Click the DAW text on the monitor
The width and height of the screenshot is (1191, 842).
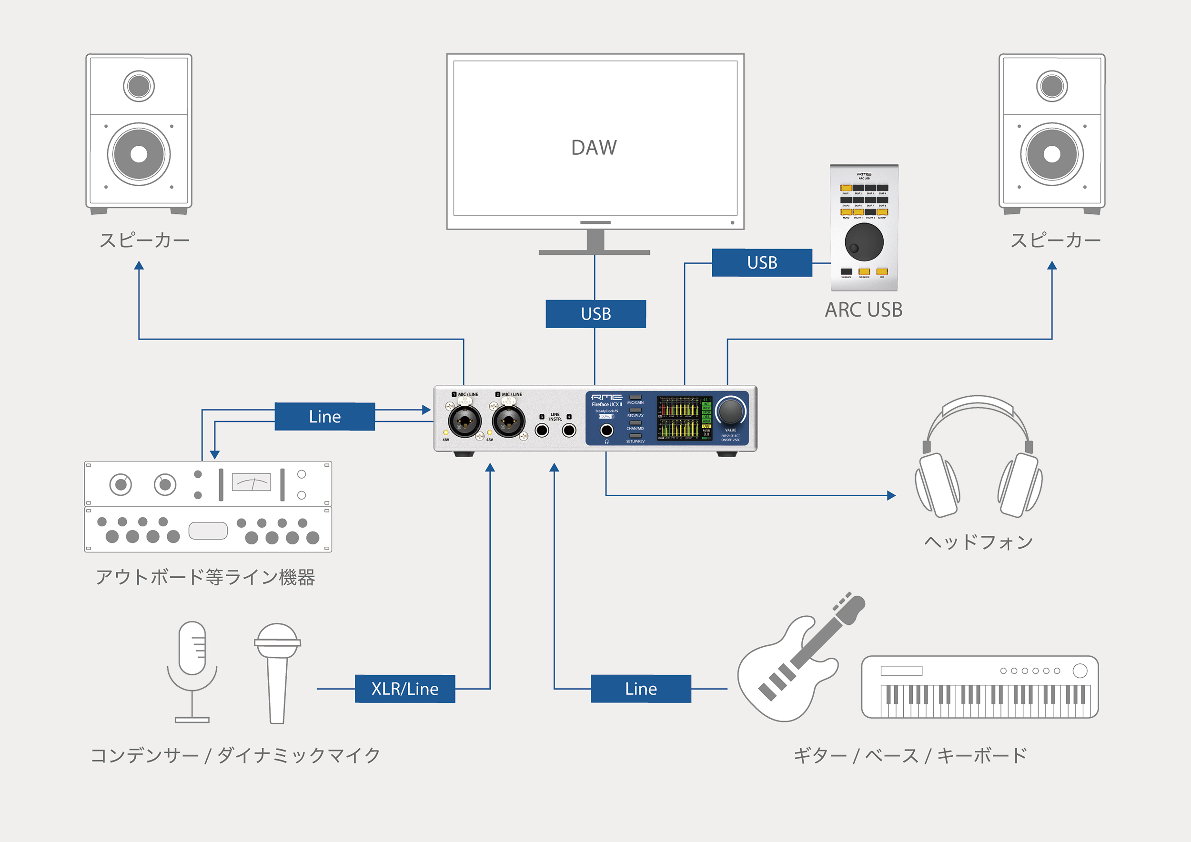pos(594,148)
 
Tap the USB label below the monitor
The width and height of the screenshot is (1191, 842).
pos(595,314)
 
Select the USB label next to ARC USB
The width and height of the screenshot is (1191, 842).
pos(761,262)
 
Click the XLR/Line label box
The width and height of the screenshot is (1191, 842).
pos(404,689)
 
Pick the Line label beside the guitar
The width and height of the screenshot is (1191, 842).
pos(641,689)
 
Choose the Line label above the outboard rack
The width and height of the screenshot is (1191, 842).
pos(325,416)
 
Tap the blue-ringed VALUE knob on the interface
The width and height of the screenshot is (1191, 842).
pos(730,411)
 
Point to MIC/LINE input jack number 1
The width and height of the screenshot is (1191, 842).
pos(464,421)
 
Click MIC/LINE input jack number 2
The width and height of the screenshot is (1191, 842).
pos(508,421)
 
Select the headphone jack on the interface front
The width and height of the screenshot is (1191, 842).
pos(606,430)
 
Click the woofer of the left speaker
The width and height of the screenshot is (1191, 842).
pos(139,154)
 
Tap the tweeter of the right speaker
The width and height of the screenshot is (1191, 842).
pos(1051,86)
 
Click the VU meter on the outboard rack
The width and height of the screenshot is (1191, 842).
pos(252,482)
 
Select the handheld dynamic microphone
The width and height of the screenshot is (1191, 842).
pos(278,669)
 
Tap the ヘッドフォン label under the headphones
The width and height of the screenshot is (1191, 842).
pos(979,542)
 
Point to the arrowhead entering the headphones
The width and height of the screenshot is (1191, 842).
pos(891,495)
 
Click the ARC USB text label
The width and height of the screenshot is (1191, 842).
pos(864,310)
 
